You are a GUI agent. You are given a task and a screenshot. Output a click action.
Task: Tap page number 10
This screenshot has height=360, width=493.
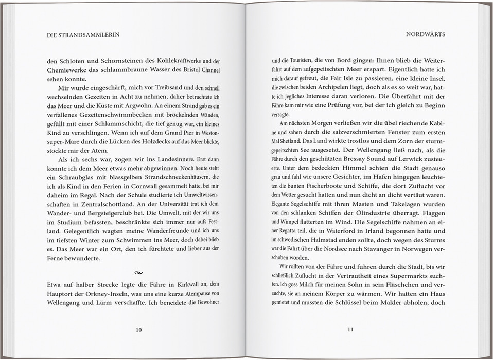coord(139,330)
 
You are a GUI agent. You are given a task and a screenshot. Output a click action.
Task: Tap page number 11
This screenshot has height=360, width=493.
coord(350,330)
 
